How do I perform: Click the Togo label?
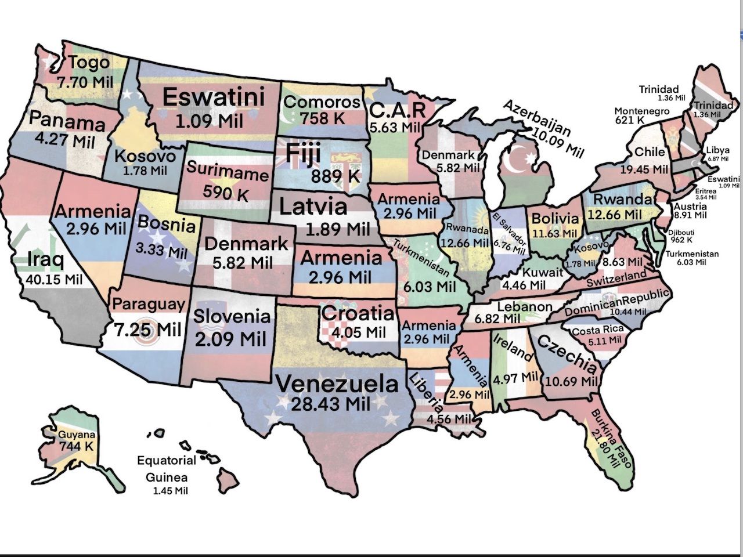(88, 62)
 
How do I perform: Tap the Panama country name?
(67, 121)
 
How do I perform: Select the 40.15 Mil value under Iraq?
(54, 279)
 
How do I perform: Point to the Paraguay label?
(149, 304)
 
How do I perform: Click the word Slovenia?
(232, 316)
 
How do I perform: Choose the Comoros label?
(322, 103)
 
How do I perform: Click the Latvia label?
(313, 206)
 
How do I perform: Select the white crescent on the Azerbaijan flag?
(514, 162)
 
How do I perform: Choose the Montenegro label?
(641, 111)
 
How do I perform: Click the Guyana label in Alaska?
(76, 435)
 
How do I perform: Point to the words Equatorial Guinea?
(167, 469)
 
